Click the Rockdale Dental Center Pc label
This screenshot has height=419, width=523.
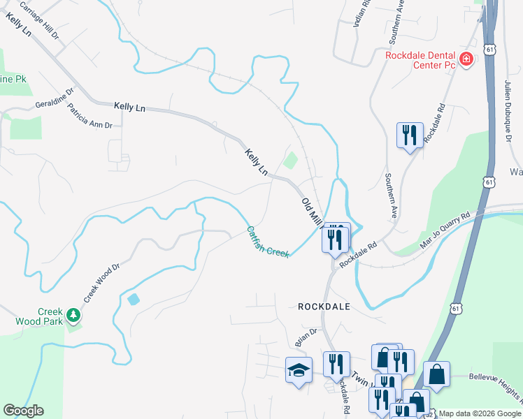click(420, 60)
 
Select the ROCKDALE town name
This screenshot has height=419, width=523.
click(323, 307)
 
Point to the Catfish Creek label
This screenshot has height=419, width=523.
click(267, 241)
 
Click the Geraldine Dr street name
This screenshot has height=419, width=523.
click(55, 100)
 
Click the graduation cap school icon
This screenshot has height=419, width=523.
click(299, 370)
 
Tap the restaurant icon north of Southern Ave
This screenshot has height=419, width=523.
click(409, 134)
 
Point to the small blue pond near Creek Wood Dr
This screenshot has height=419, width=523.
click(133, 299)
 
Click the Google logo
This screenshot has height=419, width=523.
click(24, 411)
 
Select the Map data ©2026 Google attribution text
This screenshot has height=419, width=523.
click(480, 413)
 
